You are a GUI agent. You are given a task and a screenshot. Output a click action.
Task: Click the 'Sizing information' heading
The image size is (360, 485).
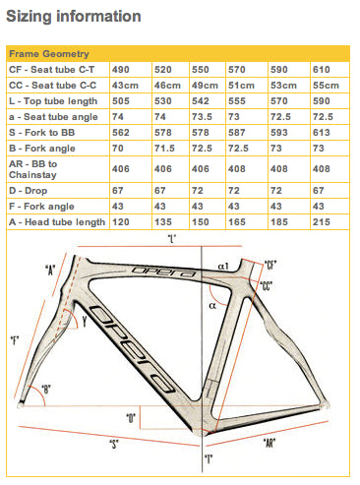click(x=74, y=17)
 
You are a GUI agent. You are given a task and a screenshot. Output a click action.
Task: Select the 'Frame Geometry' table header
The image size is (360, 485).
click(x=49, y=54)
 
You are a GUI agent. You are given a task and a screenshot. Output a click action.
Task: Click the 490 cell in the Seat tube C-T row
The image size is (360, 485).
click(x=121, y=70)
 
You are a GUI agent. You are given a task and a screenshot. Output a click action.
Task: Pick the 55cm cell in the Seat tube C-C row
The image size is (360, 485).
click(x=326, y=86)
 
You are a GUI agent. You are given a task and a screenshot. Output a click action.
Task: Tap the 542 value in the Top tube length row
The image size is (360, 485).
click(x=201, y=101)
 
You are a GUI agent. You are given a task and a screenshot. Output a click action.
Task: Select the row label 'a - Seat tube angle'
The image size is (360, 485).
click(x=53, y=117)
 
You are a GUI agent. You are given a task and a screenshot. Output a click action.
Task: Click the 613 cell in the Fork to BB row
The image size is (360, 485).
click(x=322, y=133)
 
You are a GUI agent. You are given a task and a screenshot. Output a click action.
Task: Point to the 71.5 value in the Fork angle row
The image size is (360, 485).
click(x=164, y=149)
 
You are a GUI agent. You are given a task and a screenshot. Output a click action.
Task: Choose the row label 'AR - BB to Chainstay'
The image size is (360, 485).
click(x=32, y=169)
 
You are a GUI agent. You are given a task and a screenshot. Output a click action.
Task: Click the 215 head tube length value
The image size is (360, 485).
click(x=322, y=222)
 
